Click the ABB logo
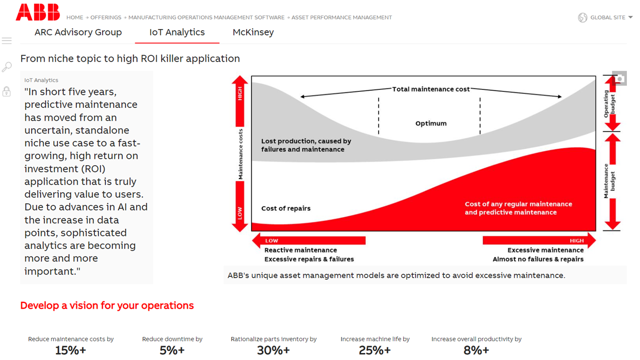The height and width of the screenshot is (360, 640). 38,13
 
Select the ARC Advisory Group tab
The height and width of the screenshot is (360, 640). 78,33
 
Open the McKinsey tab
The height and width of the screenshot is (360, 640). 253,33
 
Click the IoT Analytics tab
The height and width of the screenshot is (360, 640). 177,33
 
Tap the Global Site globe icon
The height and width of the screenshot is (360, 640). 583,18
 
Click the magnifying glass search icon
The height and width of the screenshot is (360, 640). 7,67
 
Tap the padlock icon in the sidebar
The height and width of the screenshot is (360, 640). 7,91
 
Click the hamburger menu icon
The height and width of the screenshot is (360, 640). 7,41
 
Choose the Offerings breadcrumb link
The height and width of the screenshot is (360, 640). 105,18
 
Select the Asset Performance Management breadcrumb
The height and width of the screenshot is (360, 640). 342,18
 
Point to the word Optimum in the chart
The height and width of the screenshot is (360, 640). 431,124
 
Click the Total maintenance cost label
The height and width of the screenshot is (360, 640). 431,89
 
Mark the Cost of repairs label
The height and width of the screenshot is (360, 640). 286,208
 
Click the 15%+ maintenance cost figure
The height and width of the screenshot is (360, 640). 71,350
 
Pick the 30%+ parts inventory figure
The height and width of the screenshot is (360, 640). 273,350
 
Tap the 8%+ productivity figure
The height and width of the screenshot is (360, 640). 476,350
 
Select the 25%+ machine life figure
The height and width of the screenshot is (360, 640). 375,350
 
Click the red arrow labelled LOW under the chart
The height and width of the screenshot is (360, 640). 309,241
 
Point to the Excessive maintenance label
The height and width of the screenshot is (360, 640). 545,250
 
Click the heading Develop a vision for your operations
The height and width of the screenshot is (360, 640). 107,305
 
